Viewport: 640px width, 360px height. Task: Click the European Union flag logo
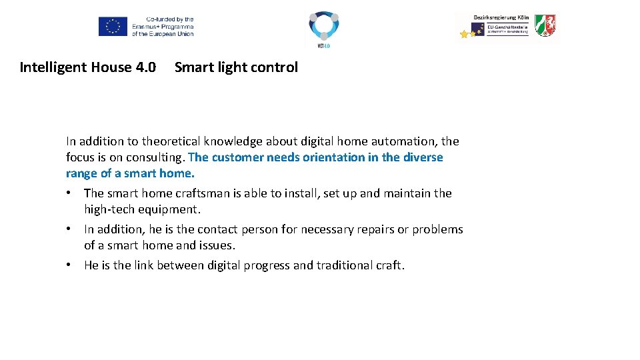[x=113, y=27]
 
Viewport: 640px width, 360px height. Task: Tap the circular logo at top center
[x=323, y=27]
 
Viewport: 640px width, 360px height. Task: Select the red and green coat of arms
[x=545, y=25]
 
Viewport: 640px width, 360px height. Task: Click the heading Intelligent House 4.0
[x=88, y=67]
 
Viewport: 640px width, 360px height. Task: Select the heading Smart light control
[x=236, y=67]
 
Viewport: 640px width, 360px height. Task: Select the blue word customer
[x=237, y=157]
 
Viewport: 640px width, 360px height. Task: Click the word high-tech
[x=109, y=209]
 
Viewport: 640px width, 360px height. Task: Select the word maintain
[x=407, y=193]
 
